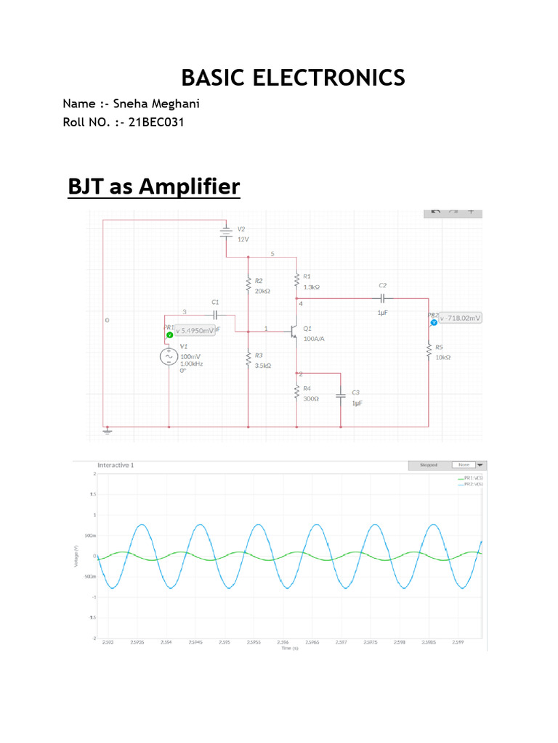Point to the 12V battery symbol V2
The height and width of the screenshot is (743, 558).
tap(226, 232)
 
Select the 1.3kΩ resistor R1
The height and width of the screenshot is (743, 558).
tap(296, 280)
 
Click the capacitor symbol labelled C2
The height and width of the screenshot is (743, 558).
tap(383, 298)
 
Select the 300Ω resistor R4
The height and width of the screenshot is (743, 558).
tap(296, 393)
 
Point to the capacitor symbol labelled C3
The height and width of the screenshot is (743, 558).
tap(340, 396)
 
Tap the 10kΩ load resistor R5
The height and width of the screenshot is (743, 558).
tap(429, 351)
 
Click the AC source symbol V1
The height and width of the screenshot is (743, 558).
tap(169, 357)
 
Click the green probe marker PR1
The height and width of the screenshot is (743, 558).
tap(169, 334)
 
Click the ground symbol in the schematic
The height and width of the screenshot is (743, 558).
tap(107, 430)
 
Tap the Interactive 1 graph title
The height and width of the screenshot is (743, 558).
tap(116, 465)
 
